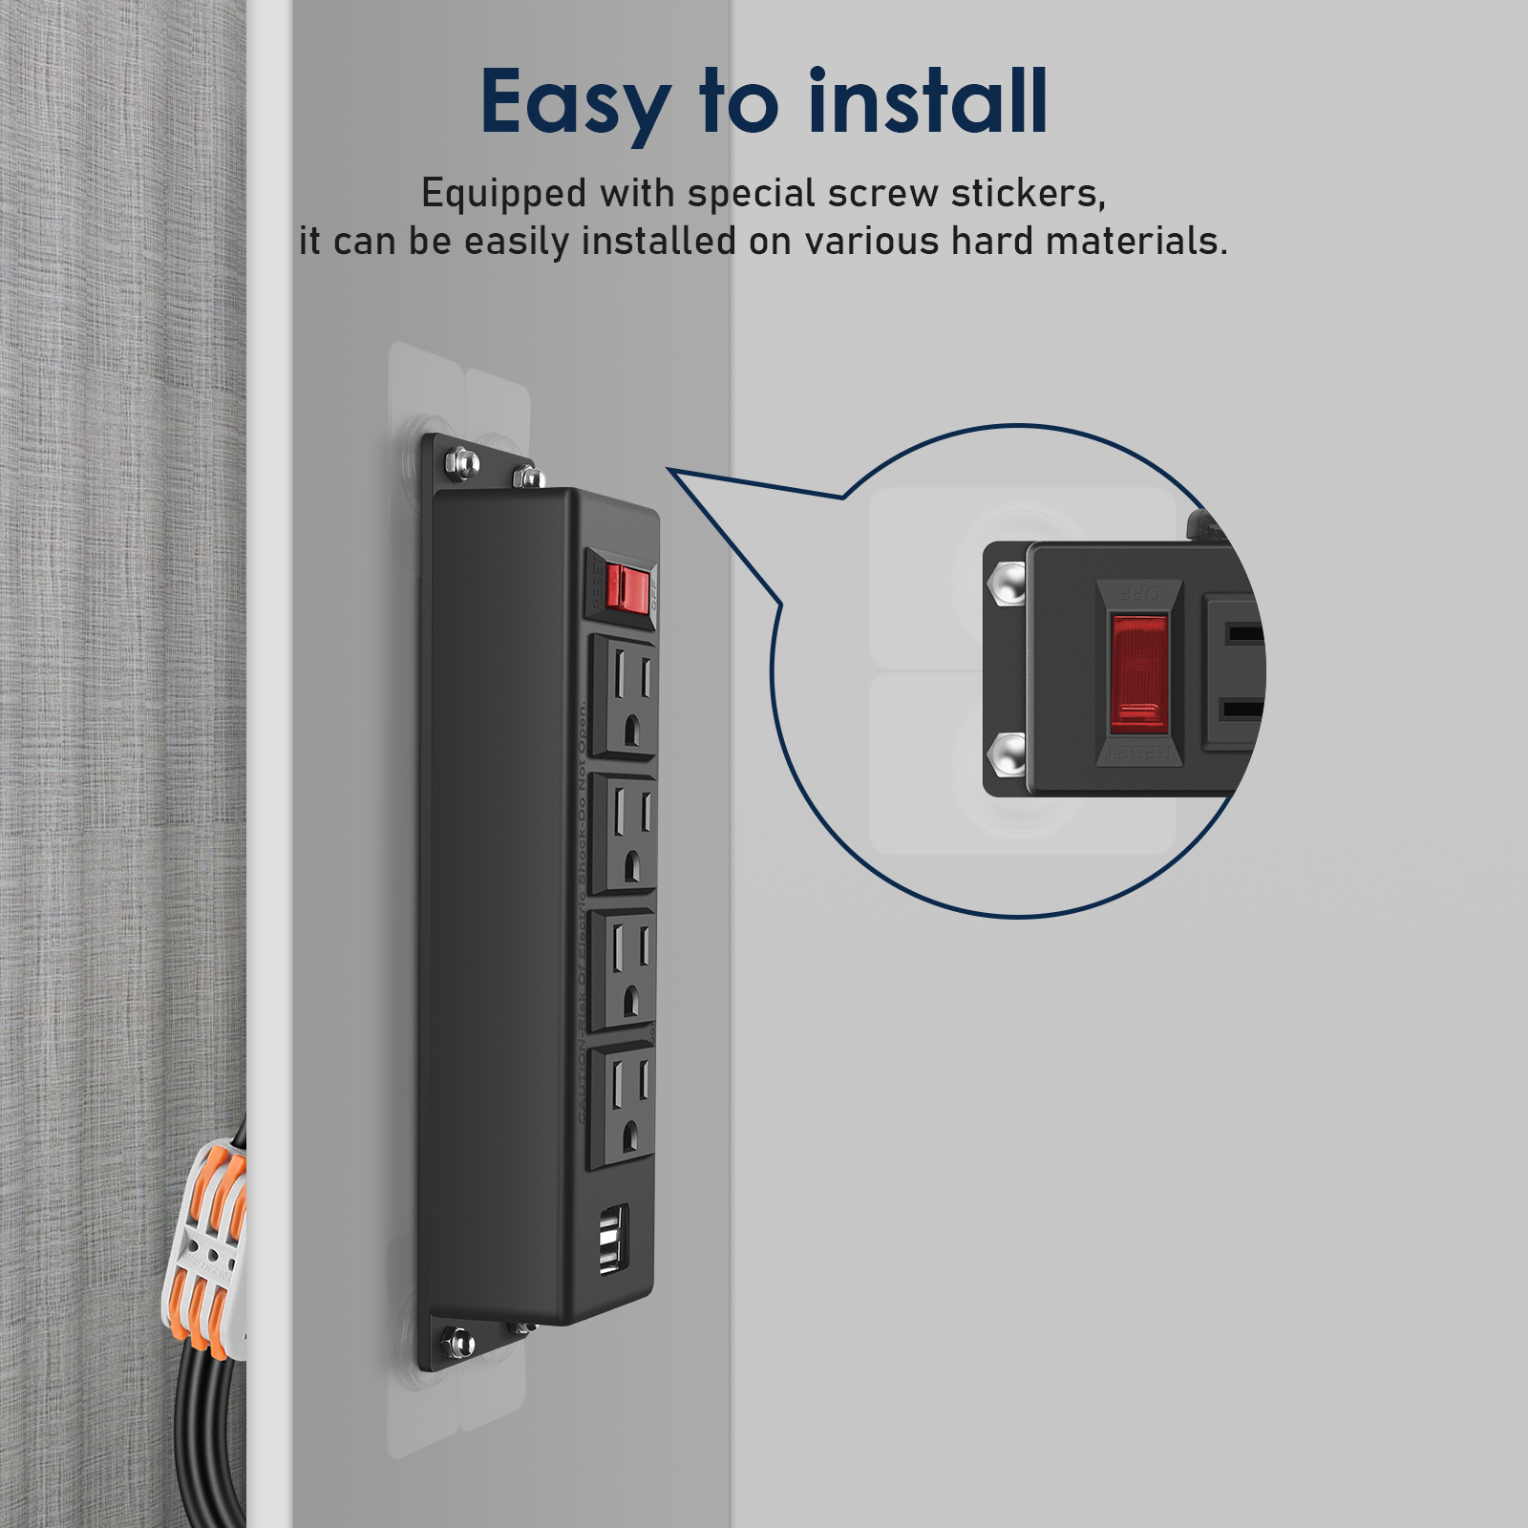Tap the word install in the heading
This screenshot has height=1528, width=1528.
tap(928, 101)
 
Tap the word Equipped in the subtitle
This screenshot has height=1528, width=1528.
tap(504, 195)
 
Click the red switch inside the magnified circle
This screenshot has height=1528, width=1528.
tap(1138, 673)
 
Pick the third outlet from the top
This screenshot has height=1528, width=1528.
tap(626, 969)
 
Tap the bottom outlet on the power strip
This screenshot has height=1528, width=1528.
tap(625, 1106)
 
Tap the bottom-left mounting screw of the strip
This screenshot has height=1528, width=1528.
tap(460, 1342)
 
